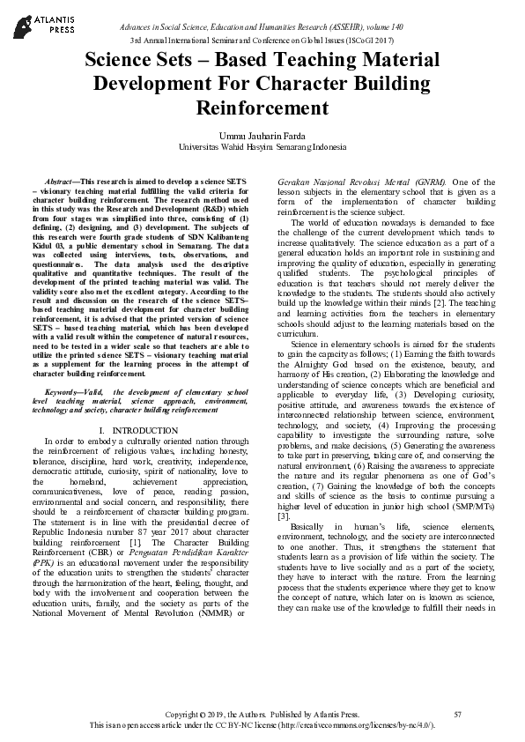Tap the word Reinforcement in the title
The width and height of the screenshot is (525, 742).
(262, 108)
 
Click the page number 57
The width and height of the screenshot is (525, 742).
(457, 714)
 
